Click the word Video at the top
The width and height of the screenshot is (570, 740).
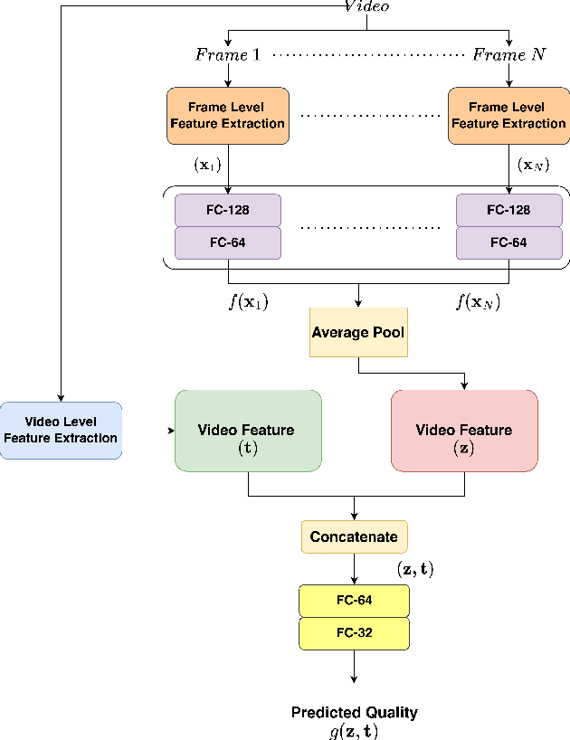tap(366, 7)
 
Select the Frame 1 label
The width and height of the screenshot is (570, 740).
tap(227, 55)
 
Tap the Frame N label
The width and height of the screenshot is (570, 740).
tap(509, 55)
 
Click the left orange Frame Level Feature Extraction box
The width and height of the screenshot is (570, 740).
tap(227, 116)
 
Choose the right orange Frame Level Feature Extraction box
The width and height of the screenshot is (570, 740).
tap(508, 116)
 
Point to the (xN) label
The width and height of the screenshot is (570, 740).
tap(533, 165)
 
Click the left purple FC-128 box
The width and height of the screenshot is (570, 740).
tap(227, 210)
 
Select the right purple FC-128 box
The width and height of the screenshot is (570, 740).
tap(508, 210)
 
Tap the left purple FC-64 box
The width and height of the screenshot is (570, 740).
tap(227, 242)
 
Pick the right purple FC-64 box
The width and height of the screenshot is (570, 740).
tap(508, 242)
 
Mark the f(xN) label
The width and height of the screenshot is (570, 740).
tap(478, 302)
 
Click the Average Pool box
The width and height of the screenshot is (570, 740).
tap(358, 333)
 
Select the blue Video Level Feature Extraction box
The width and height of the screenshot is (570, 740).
tap(61, 431)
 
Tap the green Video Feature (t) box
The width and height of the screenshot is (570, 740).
tap(248, 431)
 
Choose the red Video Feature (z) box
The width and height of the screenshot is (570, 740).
tap(464, 431)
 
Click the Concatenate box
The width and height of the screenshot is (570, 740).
tap(354, 537)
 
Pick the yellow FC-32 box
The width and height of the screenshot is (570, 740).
tap(354, 633)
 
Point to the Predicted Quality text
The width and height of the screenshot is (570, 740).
tap(354, 713)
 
